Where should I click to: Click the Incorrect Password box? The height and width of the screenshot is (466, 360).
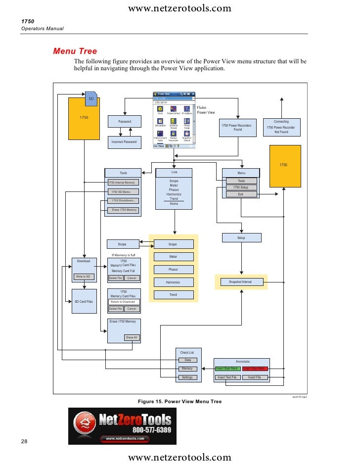pyautogui.click(x=124, y=142)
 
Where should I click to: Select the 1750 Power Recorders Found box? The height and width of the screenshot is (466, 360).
pyautogui.click(x=238, y=128)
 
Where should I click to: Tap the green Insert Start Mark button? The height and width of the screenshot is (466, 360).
pyautogui.click(x=227, y=369)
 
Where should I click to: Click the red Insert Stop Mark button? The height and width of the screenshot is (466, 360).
pyautogui.click(x=255, y=369)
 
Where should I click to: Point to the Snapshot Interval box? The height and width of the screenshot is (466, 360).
pyautogui.click(x=240, y=282)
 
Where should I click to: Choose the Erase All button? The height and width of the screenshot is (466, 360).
pyautogui.click(x=132, y=337)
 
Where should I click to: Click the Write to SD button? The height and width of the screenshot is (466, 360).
pyautogui.click(x=83, y=277)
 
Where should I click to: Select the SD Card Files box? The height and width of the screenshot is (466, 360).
pyautogui.click(x=84, y=301)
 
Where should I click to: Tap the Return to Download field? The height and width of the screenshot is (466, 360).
pyautogui.click(x=124, y=302)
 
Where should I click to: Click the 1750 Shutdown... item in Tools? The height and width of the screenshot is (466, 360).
pyautogui.click(x=124, y=200)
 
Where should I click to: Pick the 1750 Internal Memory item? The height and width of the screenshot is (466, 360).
pyautogui.click(x=122, y=183)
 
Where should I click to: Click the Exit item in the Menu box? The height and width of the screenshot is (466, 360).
pyautogui.click(x=241, y=194)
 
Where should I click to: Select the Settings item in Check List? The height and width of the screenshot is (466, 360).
pyautogui.click(x=187, y=377)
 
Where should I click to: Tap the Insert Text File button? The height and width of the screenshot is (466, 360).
pyautogui.click(x=227, y=377)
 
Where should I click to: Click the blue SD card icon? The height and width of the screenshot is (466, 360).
pyautogui.click(x=91, y=98)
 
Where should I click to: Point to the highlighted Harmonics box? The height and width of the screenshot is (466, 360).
pyautogui.click(x=173, y=282)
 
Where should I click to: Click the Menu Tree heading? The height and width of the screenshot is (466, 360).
pyautogui.click(x=75, y=51)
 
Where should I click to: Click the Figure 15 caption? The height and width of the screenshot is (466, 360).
pyautogui.click(x=180, y=402)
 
